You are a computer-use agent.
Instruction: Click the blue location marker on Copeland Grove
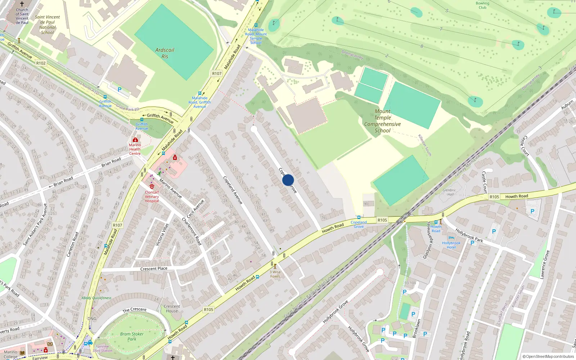tap(288, 180)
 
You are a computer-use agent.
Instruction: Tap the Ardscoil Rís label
tap(165, 53)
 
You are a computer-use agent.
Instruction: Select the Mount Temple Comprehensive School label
tap(382, 121)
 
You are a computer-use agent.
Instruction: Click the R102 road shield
tap(41, 63)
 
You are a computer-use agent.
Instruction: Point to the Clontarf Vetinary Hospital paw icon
tap(152, 186)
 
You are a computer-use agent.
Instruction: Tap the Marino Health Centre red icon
tap(135, 140)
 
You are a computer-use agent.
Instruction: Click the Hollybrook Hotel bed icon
tap(451, 238)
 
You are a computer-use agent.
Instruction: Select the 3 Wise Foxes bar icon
tap(275, 266)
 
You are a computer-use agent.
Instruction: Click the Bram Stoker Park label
tap(132, 336)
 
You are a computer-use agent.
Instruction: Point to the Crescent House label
tap(172, 309)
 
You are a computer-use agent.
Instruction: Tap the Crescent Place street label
tap(154, 269)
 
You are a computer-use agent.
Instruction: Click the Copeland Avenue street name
tap(233, 190)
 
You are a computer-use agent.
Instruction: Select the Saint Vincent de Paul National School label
tap(47, 24)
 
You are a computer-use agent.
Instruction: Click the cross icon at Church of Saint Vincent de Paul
tap(22, 4)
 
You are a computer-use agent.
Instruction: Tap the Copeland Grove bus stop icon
tap(359, 217)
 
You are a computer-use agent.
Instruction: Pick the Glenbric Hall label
tap(449, 192)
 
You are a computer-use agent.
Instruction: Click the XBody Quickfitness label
tap(96, 298)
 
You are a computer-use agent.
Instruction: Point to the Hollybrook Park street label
tap(469, 235)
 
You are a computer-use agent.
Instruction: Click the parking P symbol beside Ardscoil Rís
tap(120, 90)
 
